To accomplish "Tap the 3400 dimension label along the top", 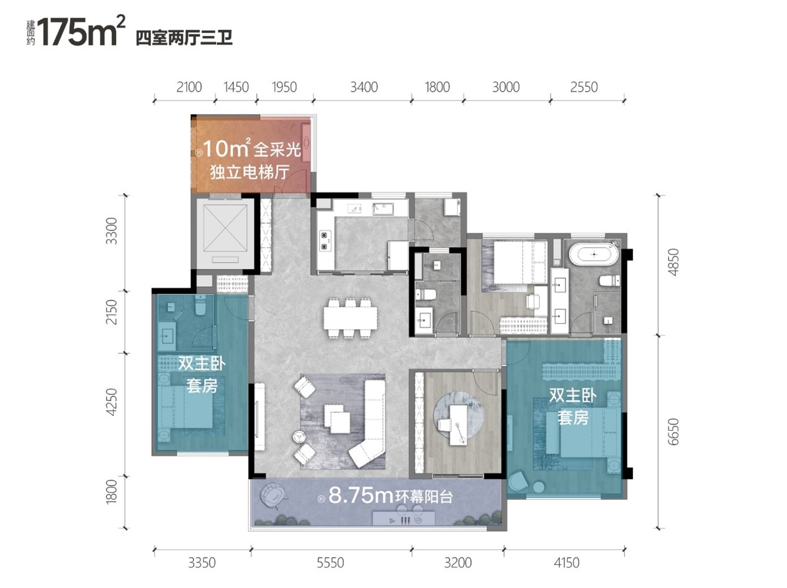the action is coord(364,87).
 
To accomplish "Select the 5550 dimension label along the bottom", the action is coord(330,563).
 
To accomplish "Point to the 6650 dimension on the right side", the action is coord(673,432).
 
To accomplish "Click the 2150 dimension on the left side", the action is coord(112,312).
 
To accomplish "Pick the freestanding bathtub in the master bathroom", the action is coord(594,254).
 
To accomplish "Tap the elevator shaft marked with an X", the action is coord(225,233).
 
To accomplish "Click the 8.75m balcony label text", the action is coord(390,496).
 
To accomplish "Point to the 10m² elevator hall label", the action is coord(250,160).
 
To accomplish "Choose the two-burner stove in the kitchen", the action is coord(325,240).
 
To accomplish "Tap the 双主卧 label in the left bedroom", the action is coord(202,364).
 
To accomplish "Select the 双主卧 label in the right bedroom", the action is coord(573,396).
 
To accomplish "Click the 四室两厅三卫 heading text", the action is coord(184,38).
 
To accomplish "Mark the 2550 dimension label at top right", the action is coord(583,87).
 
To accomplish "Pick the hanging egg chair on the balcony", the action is coord(273,496).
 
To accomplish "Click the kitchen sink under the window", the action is coord(384,209).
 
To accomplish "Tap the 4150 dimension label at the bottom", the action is coord(567,563).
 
